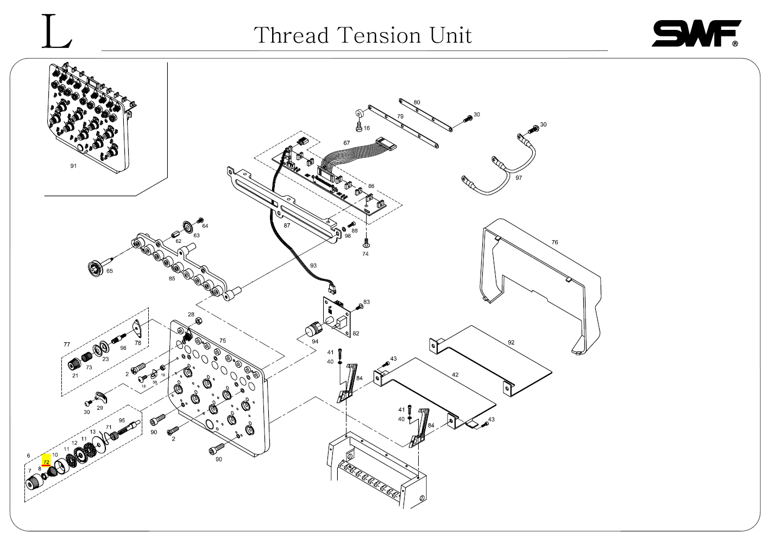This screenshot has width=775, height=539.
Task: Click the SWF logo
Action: [696, 34]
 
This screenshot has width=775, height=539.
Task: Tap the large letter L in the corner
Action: [56, 32]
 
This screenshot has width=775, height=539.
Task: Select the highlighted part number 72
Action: [46, 462]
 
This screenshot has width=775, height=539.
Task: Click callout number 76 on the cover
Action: [555, 242]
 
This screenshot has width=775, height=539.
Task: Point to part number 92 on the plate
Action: [511, 342]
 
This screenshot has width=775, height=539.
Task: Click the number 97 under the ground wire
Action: [519, 178]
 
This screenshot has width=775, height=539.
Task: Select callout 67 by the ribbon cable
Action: [346, 143]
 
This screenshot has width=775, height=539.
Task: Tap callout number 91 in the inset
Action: [73, 166]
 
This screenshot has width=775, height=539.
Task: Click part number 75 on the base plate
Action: [223, 341]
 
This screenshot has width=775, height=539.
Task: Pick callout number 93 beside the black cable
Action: [313, 265]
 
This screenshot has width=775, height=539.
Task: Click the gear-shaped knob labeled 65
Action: [96, 268]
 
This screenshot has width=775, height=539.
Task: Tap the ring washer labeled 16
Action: [359, 115]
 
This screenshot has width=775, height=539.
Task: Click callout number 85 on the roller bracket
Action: [172, 279]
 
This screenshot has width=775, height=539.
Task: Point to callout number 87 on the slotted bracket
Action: [287, 225]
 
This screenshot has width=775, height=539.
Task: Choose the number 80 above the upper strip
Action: [417, 102]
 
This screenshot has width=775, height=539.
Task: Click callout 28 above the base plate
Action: [191, 315]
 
